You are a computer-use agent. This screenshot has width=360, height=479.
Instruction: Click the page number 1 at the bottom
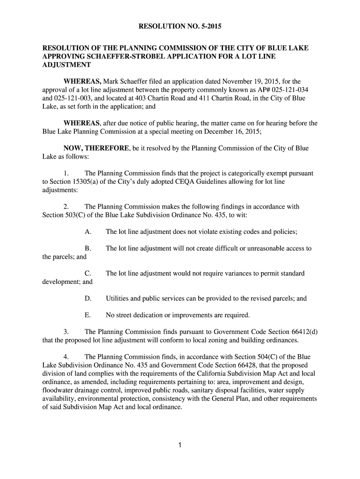(x=180, y=445)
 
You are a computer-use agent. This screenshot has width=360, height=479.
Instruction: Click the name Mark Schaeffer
(x=130, y=81)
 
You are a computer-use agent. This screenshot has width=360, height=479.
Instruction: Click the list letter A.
(x=87, y=232)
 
